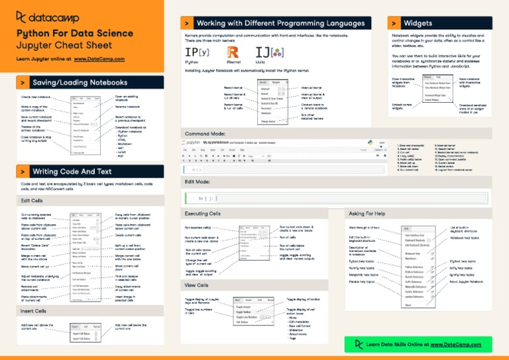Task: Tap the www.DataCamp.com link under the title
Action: click(99, 59)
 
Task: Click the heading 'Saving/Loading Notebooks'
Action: click(80, 82)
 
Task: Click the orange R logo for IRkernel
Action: click(232, 52)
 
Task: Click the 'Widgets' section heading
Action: click(418, 23)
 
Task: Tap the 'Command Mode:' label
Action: click(205, 134)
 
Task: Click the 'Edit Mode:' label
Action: click(198, 181)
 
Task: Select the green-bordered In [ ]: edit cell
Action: click(278, 198)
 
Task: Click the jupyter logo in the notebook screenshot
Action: click(199, 143)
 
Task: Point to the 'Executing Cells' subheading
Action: click(203, 214)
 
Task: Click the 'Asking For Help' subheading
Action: click(366, 214)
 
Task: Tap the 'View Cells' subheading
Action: click(197, 284)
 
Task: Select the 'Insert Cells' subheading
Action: click(33, 310)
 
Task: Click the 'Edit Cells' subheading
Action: click(32, 200)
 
